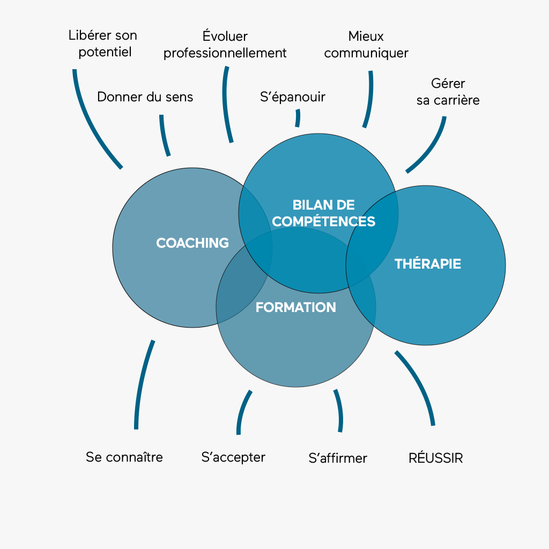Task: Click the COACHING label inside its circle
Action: [192, 243]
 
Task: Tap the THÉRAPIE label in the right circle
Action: [427, 264]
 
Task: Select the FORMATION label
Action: [295, 307]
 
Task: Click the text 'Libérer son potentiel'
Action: [103, 43]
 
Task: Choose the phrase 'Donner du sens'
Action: [145, 97]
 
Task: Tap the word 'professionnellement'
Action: [225, 53]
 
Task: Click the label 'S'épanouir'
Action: [292, 97]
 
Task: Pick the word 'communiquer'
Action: [366, 53]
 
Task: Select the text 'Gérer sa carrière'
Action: [448, 92]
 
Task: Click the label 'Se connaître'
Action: [124, 457]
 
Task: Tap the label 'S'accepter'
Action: [233, 457]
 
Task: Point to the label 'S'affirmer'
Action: [338, 458]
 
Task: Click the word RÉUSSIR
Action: [435, 458]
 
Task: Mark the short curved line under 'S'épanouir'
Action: [298, 118]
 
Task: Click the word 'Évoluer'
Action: [225, 36]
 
